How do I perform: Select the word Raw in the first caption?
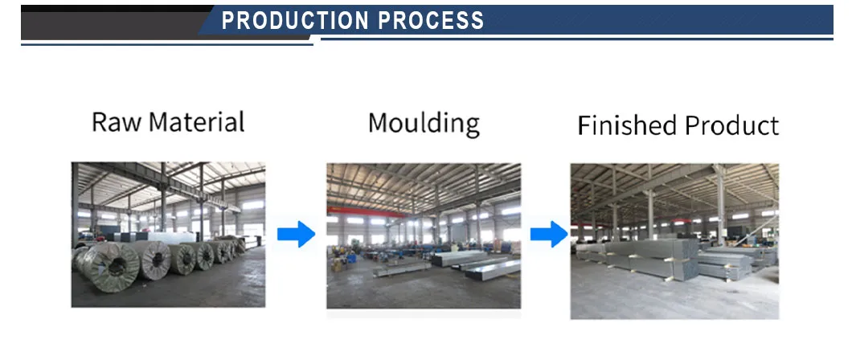pos(117,122)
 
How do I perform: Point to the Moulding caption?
pos(424,124)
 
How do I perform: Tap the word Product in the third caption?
pos(731,126)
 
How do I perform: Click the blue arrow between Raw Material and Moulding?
pos(296,235)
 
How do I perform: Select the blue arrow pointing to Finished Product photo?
pos(548,235)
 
